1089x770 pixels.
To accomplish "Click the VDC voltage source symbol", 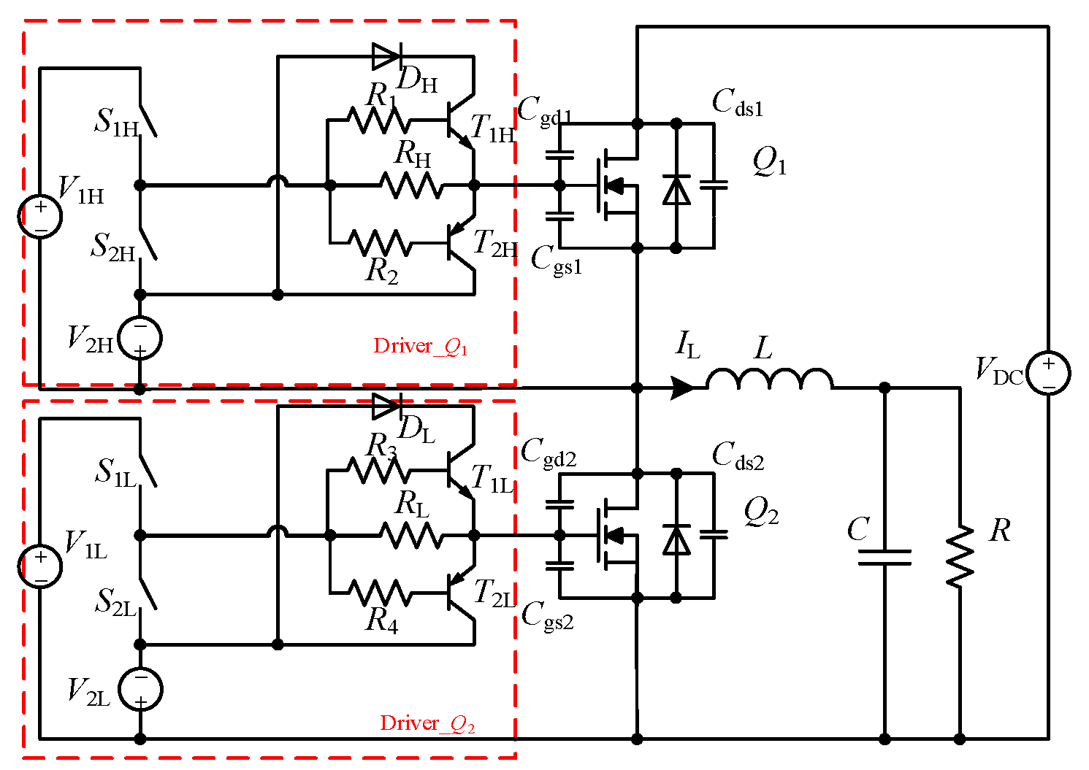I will point(1048,373).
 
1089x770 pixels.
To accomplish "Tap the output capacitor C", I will point(884,558).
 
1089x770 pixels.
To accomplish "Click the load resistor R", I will point(960,556).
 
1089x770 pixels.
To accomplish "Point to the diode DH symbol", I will point(386,55).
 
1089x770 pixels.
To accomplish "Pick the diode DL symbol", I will point(386,406).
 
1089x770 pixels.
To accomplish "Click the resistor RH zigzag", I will point(411,185).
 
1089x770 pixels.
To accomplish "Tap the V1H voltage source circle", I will point(40,217).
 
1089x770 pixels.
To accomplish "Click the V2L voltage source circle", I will point(140,690).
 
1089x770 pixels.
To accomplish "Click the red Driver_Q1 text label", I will point(421,346).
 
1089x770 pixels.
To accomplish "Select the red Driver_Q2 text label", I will point(427,723).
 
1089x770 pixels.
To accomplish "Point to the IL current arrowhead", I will point(684,388).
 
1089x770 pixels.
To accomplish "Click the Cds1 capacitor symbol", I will point(714,185).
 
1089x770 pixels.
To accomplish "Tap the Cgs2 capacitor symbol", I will point(560,565).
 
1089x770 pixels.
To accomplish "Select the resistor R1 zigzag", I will point(378,120).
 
